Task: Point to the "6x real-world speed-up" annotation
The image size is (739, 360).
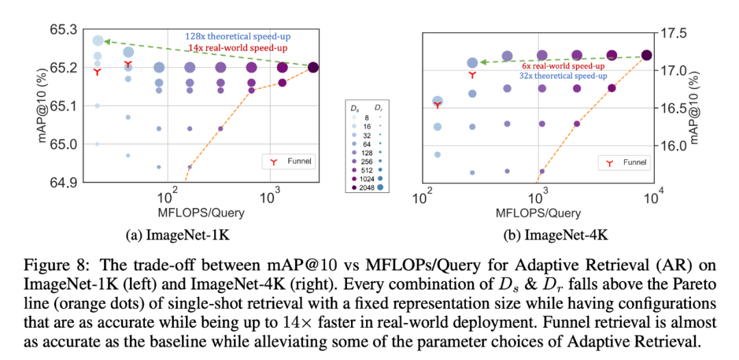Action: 562,66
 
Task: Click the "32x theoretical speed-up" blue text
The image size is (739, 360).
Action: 562,76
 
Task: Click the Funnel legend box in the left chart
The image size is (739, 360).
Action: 289,162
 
